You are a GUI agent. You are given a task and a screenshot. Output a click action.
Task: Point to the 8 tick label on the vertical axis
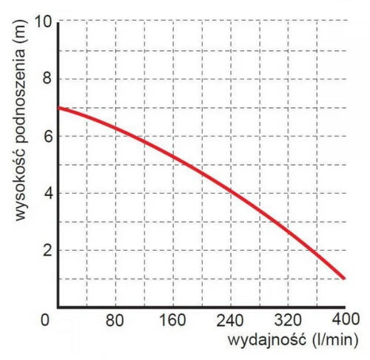pyautogui.click(x=47, y=79)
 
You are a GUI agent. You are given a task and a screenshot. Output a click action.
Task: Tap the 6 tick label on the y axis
pyautogui.click(x=47, y=136)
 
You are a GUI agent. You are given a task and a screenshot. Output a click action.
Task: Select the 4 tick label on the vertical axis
pyautogui.click(x=47, y=194)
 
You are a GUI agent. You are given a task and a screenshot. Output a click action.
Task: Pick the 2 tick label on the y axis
pyautogui.click(x=47, y=250)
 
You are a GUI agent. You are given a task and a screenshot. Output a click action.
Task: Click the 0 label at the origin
pyautogui.click(x=44, y=320)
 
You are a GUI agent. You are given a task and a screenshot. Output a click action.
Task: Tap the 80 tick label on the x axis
pyautogui.click(x=115, y=321)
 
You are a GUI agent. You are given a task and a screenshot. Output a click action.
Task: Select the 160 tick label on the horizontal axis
pyautogui.click(x=172, y=321)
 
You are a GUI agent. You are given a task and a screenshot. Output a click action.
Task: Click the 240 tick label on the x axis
pyautogui.click(x=230, y=321)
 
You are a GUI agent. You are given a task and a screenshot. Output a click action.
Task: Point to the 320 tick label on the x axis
pyautogui.click(x=288, y=321)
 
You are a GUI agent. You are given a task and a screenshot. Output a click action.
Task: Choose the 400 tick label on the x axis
pyautogui.click(x=346, y=319)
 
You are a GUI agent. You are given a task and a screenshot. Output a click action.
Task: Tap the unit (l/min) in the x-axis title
pyautogui.click(x=335, y=341)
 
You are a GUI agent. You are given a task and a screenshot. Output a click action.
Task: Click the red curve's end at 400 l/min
pyautogui.click(x=344, y=278)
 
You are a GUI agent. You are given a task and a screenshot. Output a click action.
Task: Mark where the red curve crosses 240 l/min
pyautogui.click(x=231, y=190)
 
